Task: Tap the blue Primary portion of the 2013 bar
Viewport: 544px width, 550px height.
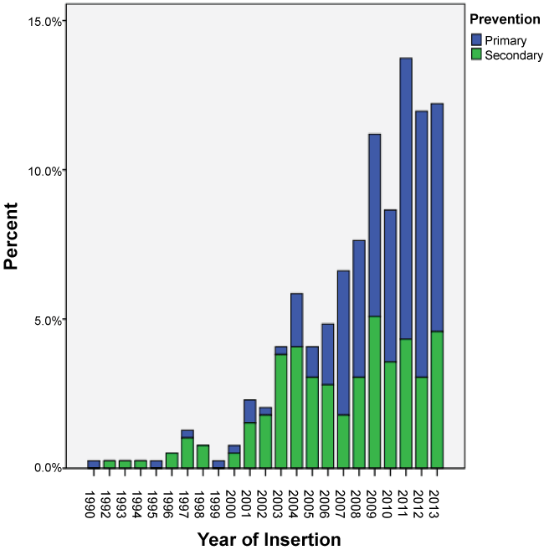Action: (437, 218)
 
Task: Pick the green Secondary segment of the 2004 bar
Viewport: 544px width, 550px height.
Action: (297, 407)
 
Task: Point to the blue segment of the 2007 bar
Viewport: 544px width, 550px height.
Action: (344, 342)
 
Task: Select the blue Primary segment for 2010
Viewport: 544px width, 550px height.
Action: (391, 285)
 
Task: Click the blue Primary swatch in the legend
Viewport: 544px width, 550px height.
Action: (477, 39)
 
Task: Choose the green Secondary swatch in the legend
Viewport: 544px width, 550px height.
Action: (477, 55)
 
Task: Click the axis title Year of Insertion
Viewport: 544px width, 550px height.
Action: (269, 537)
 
